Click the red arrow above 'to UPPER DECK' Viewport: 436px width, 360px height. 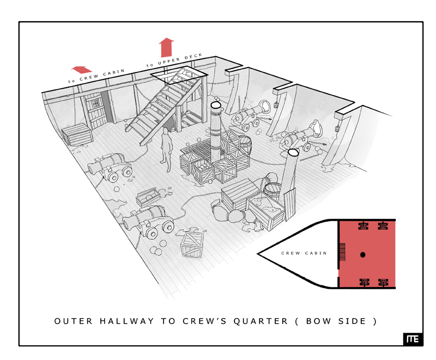coord(166,47)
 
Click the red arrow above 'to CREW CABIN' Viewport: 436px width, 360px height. coord(81,70)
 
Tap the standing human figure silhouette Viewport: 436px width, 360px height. coord(166,149)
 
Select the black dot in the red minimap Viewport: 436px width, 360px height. coord(362,254)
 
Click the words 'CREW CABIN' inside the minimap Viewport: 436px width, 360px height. coord(304,253)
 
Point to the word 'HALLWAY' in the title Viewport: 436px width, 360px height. coord(126,321)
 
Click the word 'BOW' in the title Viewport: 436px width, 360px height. coord(319,321)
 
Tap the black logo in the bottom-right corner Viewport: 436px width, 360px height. coord(413,339)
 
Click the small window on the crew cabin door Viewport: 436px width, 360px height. coord(95,103)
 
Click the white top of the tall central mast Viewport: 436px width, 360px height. coord(216,105)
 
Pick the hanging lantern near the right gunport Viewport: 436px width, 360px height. coord(337,128)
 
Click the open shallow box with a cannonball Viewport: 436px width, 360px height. coord(148,197)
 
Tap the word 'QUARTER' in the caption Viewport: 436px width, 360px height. coord(261,321)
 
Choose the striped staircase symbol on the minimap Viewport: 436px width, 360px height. coord(342,252)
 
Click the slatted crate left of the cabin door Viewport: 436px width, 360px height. coord(77,134)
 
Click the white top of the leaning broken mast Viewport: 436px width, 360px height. coord(293,152)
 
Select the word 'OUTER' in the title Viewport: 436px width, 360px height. coord(74,321)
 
